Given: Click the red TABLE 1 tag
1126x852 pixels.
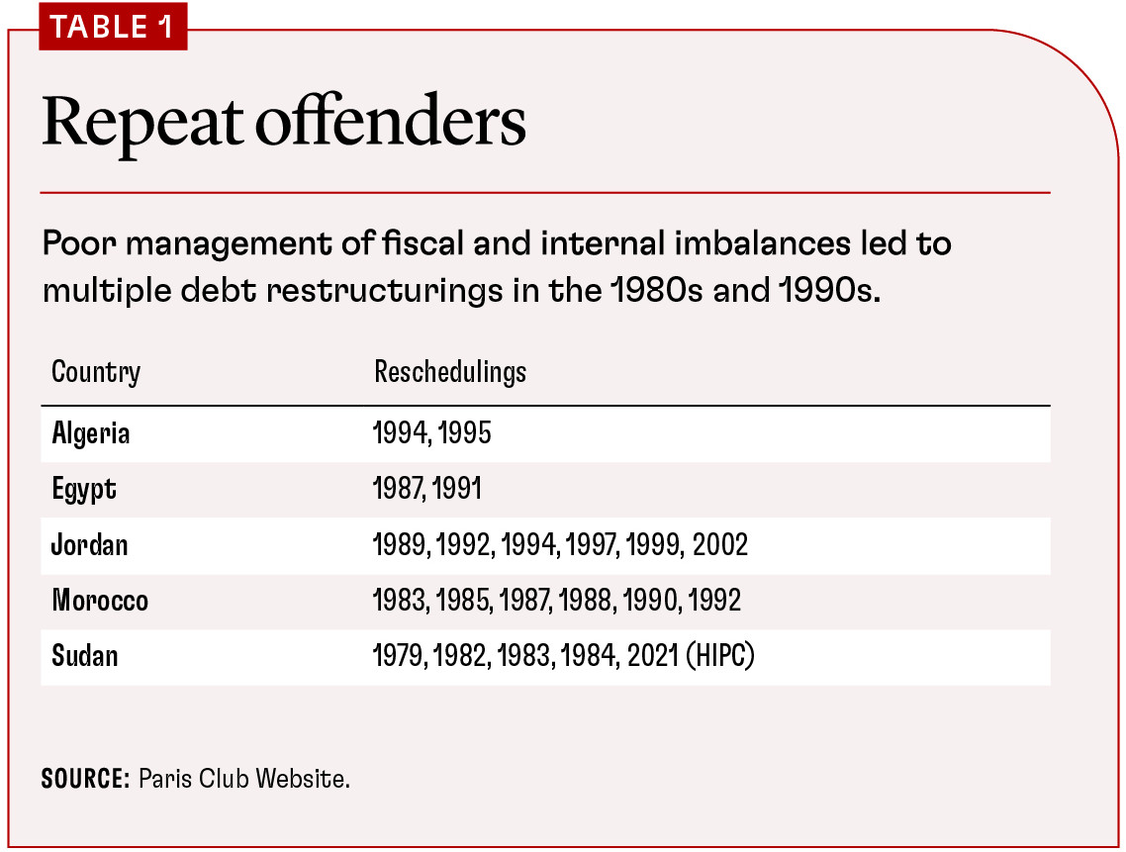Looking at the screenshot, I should pos(111,28).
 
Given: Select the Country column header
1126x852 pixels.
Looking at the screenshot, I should pos(96,373).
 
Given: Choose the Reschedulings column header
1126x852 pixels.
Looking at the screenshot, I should pos(450,373).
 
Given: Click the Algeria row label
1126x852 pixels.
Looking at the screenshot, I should pos(91,434).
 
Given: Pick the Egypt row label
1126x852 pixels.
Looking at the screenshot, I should pos(84,490).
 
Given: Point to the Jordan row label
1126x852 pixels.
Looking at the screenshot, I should pos(90,545).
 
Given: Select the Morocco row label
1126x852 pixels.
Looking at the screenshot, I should pos(100,601).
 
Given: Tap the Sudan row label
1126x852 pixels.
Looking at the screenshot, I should pos(85,656).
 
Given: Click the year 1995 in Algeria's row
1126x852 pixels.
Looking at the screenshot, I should pos(464,434).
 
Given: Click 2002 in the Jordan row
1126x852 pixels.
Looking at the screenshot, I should pos(720,545).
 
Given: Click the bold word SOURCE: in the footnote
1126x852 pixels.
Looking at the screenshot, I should pos(85,779).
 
